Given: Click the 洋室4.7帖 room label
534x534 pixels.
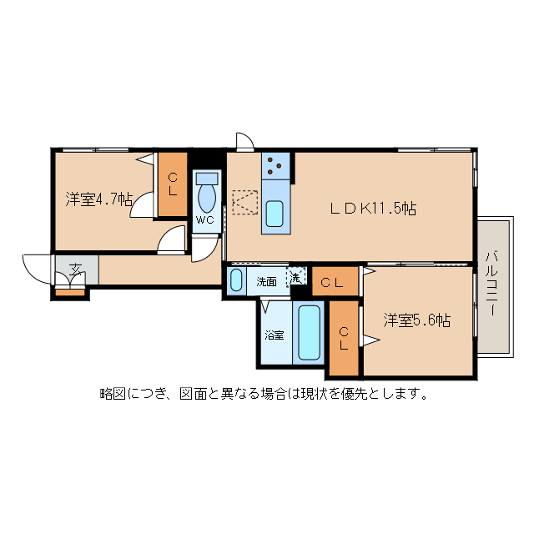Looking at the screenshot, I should click(98, 199).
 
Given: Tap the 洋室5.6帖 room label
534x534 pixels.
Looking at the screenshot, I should click(416, 320).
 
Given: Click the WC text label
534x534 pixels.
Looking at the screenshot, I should click(205, 220).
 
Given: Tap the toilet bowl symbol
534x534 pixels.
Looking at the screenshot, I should click(206, 197).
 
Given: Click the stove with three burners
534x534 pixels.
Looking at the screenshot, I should click(275, 166).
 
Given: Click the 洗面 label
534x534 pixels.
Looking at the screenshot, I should click(266, 282).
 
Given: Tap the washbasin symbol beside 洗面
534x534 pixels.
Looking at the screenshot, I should click(237, 280).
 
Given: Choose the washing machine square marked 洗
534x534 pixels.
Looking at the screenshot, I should click(297, 278).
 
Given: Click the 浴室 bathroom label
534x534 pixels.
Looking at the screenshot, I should click(274, 335).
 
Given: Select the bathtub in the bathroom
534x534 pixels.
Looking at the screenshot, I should click(309, 333).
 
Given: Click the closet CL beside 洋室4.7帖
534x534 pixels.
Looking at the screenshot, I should click(173, 184).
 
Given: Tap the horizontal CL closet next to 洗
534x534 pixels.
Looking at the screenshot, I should click(333, 282).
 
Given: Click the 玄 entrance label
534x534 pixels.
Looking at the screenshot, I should click(76, 270).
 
